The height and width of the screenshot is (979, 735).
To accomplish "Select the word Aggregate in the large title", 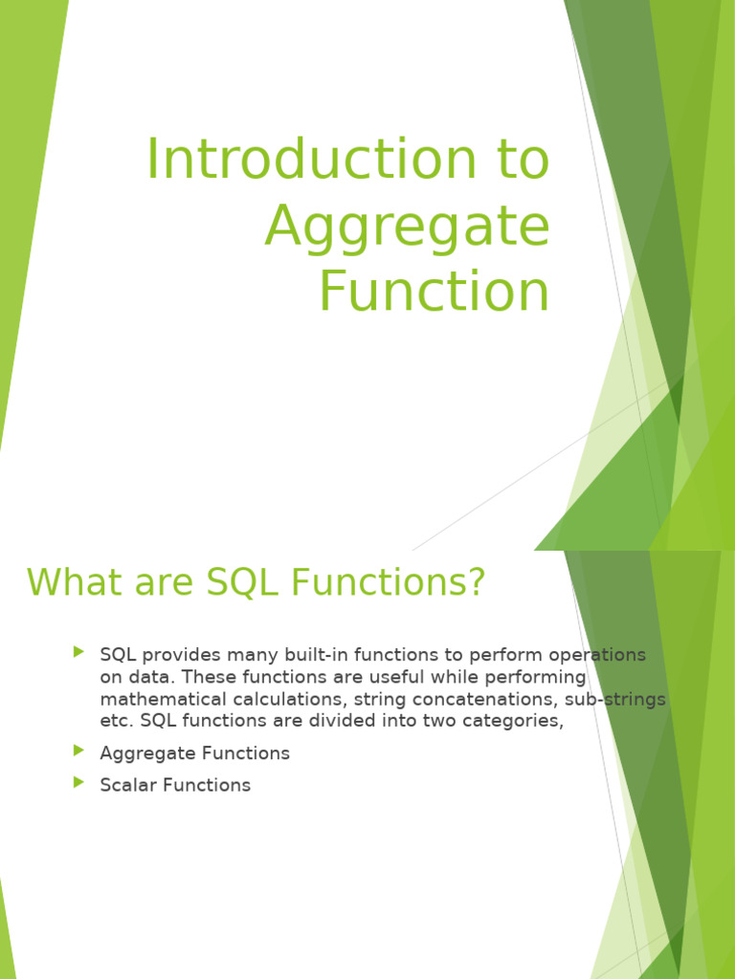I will (x=407, y=228).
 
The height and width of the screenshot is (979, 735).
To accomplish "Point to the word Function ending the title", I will (x=434, y=292).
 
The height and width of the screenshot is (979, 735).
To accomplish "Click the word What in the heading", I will (x=69, y=582).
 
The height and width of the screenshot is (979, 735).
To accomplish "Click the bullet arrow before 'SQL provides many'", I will (x=78, y=652).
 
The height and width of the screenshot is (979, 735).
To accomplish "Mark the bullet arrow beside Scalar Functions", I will (x=78, y=782).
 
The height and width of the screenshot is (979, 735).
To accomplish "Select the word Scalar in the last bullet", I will (x=128, y=786).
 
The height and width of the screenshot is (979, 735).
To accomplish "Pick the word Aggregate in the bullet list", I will (x=143, y=754).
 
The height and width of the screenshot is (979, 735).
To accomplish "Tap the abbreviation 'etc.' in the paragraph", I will (x=115, y=722).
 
